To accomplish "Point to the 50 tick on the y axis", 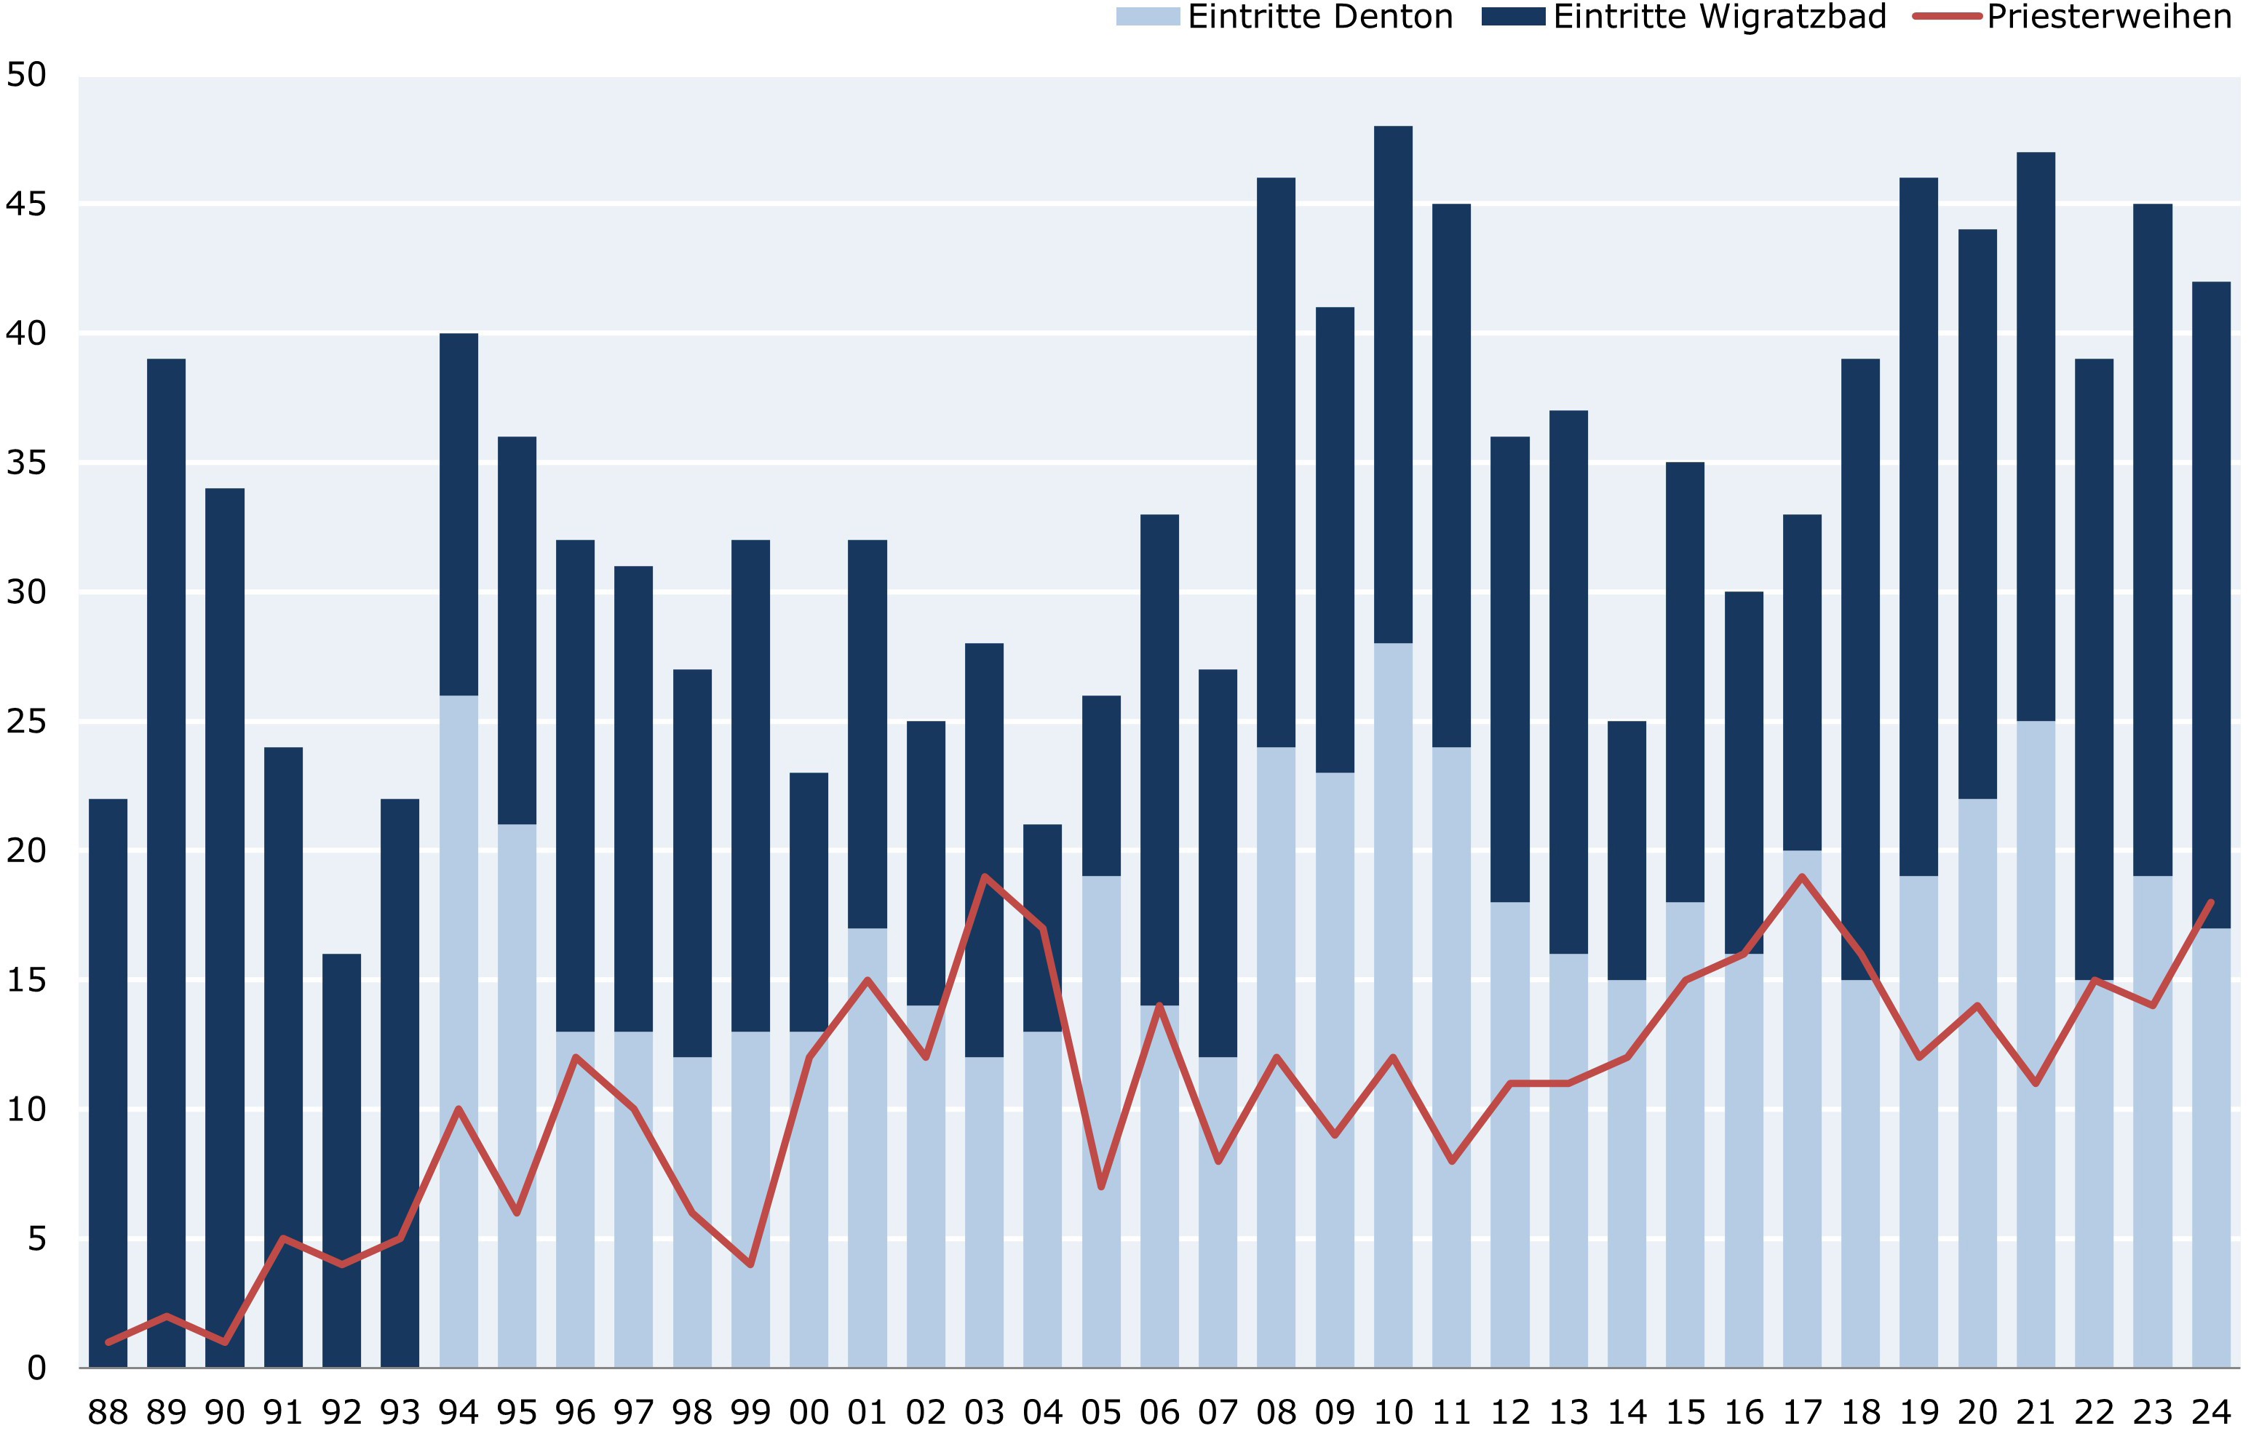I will tap(26, 75).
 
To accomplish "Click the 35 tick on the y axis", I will tap(26, 463).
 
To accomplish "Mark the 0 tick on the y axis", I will tap(36, 1368).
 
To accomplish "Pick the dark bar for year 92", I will tap(341, 1159).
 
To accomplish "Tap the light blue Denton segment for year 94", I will tap(458, 1028).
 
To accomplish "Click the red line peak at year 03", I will tap(985, 877).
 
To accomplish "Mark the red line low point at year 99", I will tap(750, 1264).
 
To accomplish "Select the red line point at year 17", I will tap(1802, 877).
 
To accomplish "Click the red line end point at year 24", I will tap(2211, 903).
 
